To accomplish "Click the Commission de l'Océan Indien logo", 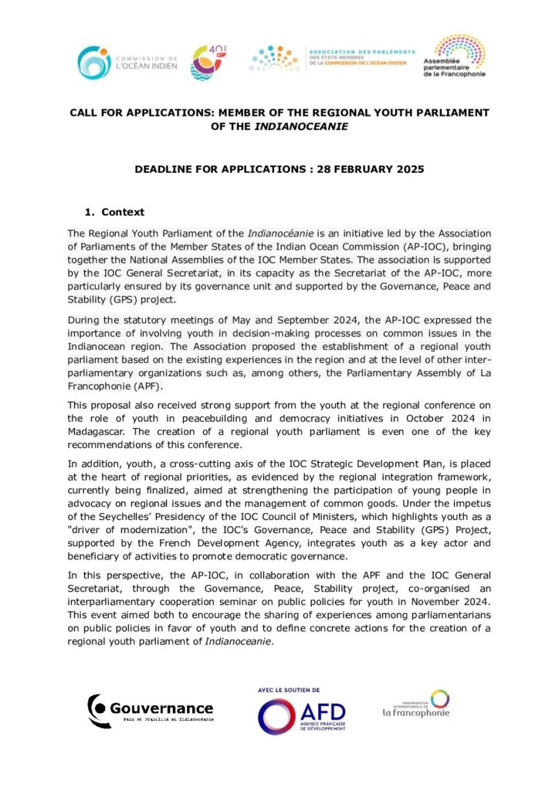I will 127,63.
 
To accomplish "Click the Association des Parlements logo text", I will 361,58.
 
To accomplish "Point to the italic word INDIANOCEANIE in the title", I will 305,126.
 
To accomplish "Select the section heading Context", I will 123,212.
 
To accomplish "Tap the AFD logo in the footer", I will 301,715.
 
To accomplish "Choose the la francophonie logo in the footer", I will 417,704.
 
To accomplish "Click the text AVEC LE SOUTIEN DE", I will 289,689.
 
